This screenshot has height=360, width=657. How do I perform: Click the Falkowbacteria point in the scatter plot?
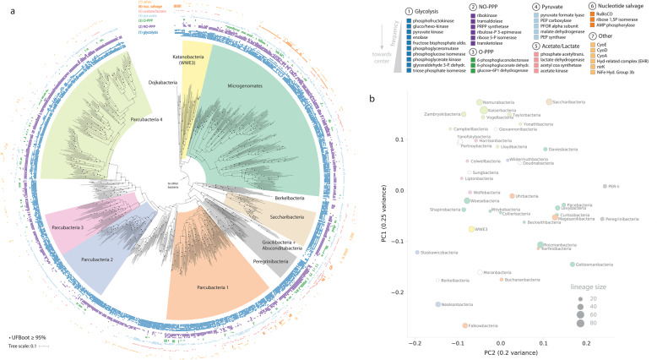coord(464,325)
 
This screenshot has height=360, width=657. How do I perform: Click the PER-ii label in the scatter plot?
coord(614,187)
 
